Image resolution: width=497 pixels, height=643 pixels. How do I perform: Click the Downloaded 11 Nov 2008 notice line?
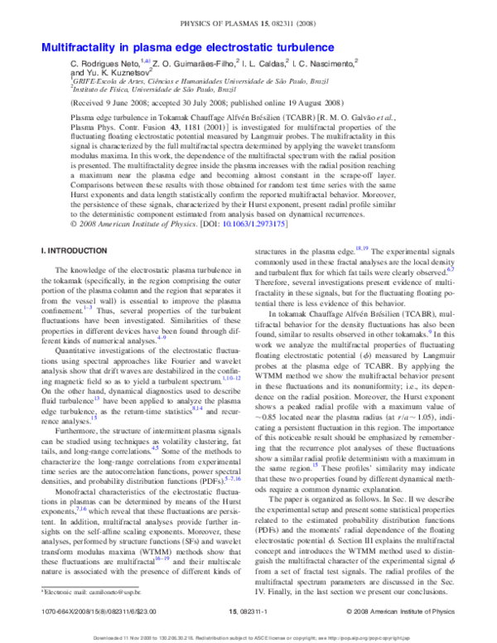248,636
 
